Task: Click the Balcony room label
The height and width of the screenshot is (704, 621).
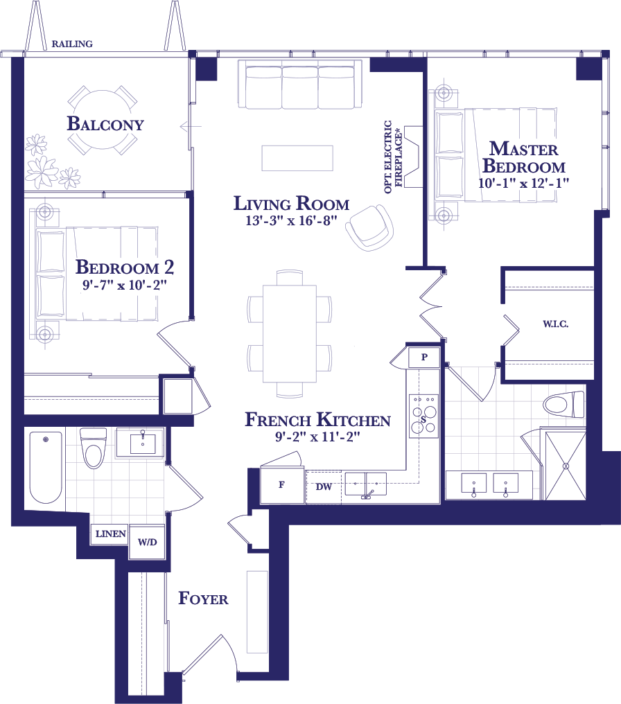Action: coord(105,123)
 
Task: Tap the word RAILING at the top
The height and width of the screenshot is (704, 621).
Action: coord(72,44)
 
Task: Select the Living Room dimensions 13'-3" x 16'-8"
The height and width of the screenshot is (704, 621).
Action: coord(291,220)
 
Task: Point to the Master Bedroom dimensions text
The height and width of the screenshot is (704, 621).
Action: coord(523,183)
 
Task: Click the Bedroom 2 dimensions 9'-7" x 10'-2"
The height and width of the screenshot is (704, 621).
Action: coord(125,285)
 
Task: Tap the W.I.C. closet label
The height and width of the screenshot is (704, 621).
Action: coord(555,324)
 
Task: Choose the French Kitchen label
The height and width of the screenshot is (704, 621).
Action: coord(317,419)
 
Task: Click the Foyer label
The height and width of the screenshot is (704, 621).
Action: coord(203,598)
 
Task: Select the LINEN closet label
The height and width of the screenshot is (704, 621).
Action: coord(110,534)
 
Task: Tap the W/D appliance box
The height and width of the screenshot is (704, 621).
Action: coord(147,542)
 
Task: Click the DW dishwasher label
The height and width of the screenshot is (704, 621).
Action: coord(324,486)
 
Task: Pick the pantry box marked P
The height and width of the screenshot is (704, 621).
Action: coord(424,358)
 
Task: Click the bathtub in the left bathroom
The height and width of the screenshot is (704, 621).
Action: coord(46,467)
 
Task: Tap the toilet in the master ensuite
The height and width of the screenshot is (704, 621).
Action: coord(564,403)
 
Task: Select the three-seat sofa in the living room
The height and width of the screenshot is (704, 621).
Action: coord(300,85)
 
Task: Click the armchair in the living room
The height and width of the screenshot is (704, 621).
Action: coord(369,227)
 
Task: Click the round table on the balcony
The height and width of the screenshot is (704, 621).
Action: coord(103,120)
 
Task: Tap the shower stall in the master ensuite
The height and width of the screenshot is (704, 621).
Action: coord(566,465)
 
